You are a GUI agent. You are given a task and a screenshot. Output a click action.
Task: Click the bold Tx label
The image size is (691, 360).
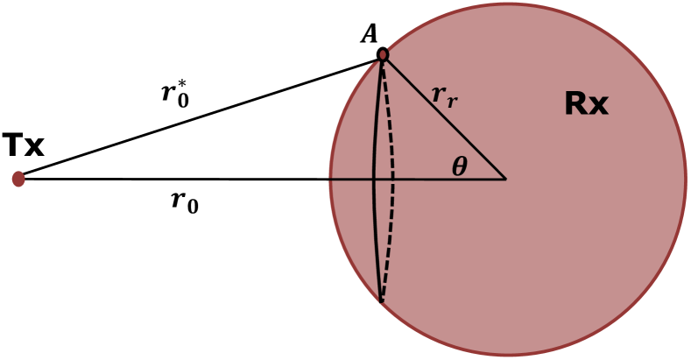tap(23, 146)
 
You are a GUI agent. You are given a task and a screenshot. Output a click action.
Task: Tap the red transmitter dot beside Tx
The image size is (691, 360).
tap(18, 179)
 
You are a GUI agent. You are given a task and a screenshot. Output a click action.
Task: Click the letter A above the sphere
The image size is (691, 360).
tap(369, 35)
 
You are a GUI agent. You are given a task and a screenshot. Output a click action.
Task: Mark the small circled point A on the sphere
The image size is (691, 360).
tap(383, 55)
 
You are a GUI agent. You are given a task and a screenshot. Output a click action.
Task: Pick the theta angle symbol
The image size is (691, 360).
tap(460, 166)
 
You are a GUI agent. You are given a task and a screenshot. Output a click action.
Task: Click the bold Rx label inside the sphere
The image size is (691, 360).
tap(586, 104)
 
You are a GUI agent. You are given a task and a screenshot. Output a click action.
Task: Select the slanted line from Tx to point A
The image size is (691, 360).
tap(201, 116)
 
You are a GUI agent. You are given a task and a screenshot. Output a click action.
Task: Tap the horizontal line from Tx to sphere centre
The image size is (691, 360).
tap(175, 179)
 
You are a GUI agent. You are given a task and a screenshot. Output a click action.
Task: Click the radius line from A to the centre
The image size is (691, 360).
tap(443, 116)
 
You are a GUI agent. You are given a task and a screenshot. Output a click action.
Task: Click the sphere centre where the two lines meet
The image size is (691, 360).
tap(506, 179)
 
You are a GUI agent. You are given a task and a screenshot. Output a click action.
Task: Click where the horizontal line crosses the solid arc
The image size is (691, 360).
tap(374, 179)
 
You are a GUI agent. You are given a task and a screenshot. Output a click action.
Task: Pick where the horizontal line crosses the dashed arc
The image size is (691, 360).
tap(394, 179)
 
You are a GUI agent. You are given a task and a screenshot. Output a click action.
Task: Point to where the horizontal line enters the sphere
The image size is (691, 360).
tap(330, 179)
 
